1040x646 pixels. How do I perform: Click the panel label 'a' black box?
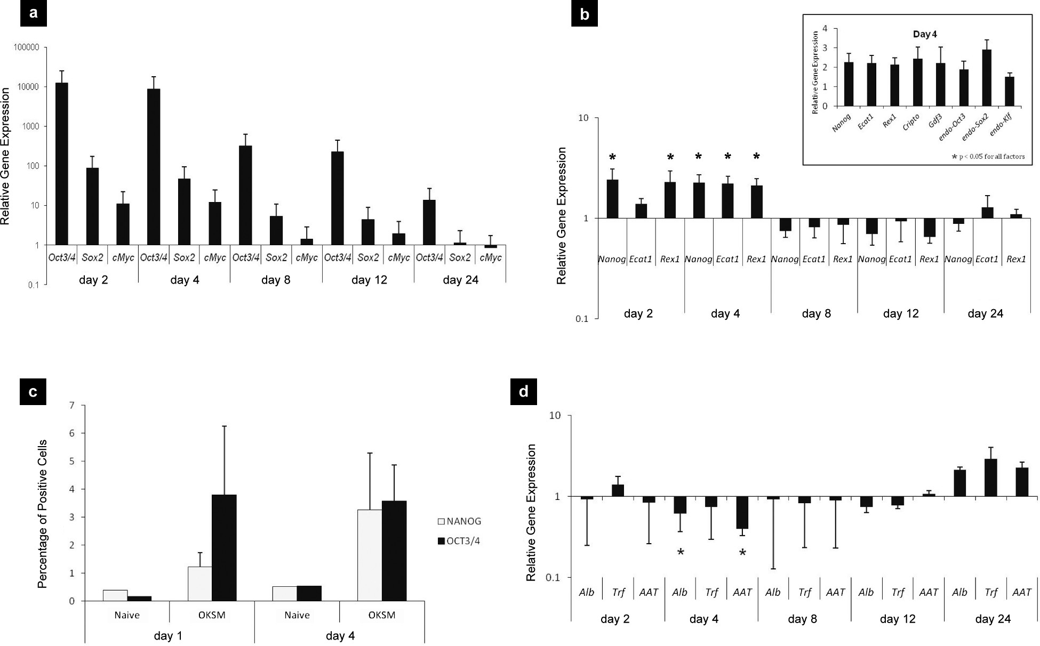tap(34, 13)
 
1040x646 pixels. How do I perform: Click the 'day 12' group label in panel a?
tap(369, 280)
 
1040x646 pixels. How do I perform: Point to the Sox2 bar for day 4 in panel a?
tap(184, 212)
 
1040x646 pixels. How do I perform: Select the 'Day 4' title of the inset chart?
tap(925, 35)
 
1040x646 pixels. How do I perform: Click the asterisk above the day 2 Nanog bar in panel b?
tap(612, 157)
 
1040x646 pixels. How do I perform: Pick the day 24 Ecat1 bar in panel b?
tap(987, 213)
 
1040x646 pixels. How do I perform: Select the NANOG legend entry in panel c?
tap(459, 521)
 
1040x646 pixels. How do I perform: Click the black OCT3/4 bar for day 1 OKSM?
tap(225, 547)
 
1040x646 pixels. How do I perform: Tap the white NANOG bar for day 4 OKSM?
tap(370, 555)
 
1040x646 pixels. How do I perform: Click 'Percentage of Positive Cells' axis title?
tap(43, 514)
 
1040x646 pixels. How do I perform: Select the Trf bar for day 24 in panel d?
tap(991, 478)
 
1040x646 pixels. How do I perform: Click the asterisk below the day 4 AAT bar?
tap(742, 553)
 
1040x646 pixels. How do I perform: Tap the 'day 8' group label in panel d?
tap(802, 619)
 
